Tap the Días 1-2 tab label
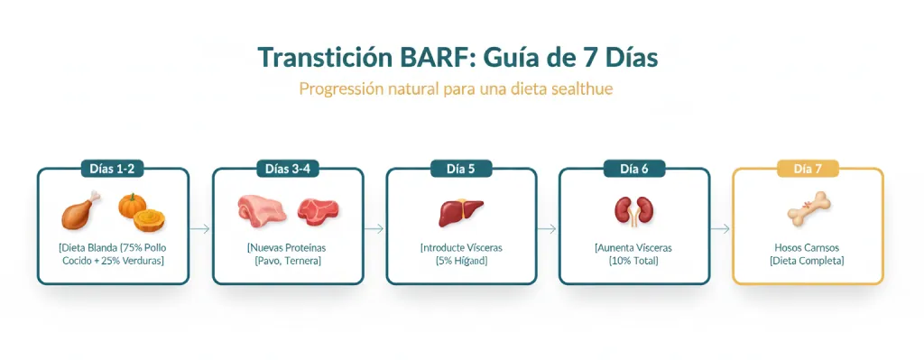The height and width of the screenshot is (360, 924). [x=112, y=169]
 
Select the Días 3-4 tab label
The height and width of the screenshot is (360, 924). [x=288, y=169]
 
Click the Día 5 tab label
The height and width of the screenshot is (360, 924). [x=461, y=169]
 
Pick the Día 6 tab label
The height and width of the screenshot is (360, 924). [x=634, y=169]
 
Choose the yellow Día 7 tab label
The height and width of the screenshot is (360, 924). [x=808, y=169]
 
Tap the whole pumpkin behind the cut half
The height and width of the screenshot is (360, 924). [x=132, y=205]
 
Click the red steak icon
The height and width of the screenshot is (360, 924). [x=318, y=211]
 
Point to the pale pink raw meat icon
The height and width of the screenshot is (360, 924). [x=261, y=211]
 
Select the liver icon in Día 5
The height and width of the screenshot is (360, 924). [x=461, y=212]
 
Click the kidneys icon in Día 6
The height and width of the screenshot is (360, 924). [x=634, y=212]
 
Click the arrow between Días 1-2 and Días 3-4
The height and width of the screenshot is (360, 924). [x=200, y=229]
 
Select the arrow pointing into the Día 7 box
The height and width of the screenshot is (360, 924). [x=720, y=229]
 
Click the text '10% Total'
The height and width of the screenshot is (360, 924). [x=634, y=261]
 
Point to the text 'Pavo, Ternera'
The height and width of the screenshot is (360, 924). [x=288, y=261]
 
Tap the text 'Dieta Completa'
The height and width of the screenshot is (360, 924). [x=808, y=261]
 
